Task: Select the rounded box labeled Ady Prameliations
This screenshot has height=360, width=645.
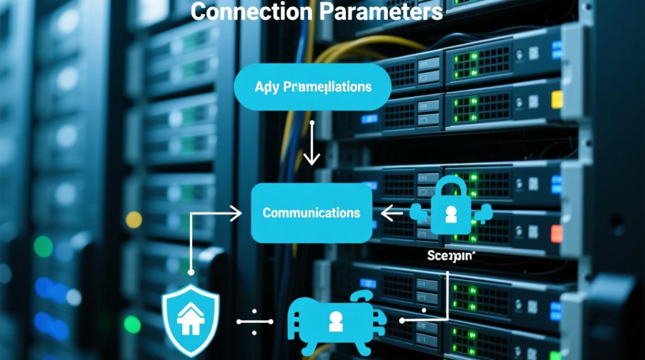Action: coord(312,87)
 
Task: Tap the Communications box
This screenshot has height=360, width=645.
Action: coord(312,213)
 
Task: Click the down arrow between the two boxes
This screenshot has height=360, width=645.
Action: coord(312,144)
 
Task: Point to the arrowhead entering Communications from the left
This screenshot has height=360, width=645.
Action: coord(237,213)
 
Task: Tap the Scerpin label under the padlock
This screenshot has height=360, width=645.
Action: coord(450,256)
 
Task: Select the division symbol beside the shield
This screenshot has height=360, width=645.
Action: coord(254,322)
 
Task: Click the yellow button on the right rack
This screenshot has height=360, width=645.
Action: coord(557,100)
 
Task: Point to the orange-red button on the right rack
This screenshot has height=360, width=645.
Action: coord(557,234)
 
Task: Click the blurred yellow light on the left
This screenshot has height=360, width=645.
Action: coord(134,219)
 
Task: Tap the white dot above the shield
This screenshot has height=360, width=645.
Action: coord(191,272)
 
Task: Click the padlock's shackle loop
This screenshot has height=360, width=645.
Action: coord(451,185)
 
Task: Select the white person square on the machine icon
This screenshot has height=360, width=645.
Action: coord(336,324)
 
